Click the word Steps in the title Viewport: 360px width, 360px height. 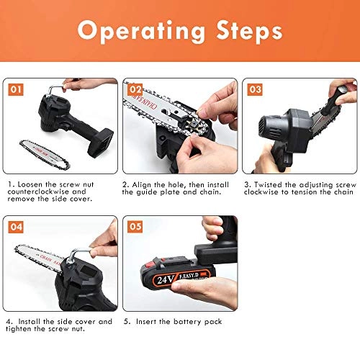242,32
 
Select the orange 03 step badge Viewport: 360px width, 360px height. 254,89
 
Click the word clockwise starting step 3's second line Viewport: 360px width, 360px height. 262,193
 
